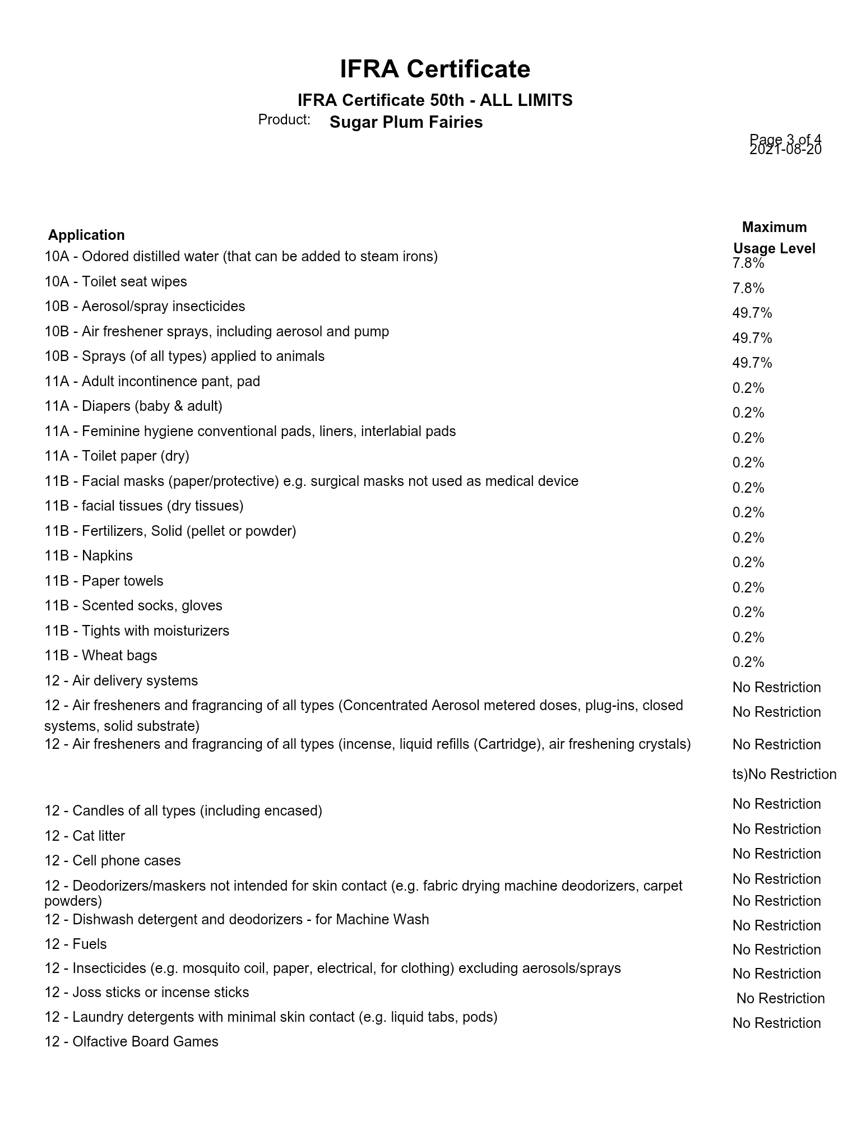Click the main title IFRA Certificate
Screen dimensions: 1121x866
tap(434, 70)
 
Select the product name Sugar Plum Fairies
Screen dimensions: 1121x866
tap(406, 122)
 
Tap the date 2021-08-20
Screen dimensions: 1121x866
tap(785, 150)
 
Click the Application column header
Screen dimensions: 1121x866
tap(86, 235)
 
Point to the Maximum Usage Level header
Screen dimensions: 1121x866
tap(774, 238)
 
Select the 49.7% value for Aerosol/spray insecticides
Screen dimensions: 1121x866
tap(752, 313)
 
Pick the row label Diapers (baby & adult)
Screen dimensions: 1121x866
tap(133, 406)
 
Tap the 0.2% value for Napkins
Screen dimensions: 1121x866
tap(748, 563)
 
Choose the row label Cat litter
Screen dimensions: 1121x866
tap(85, 836)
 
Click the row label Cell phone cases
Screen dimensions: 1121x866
tap(112, 860)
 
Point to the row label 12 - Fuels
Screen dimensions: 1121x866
tap(76, 944)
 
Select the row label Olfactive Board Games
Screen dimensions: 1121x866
tap(131, 1041)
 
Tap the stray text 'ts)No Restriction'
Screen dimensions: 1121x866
tap(784, 774)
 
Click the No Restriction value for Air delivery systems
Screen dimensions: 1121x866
tap(776, 687)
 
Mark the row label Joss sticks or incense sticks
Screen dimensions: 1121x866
tap(146, 992)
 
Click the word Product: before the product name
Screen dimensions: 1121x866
tap(284, 119)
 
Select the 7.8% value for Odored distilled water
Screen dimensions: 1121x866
tap(748, 263)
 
